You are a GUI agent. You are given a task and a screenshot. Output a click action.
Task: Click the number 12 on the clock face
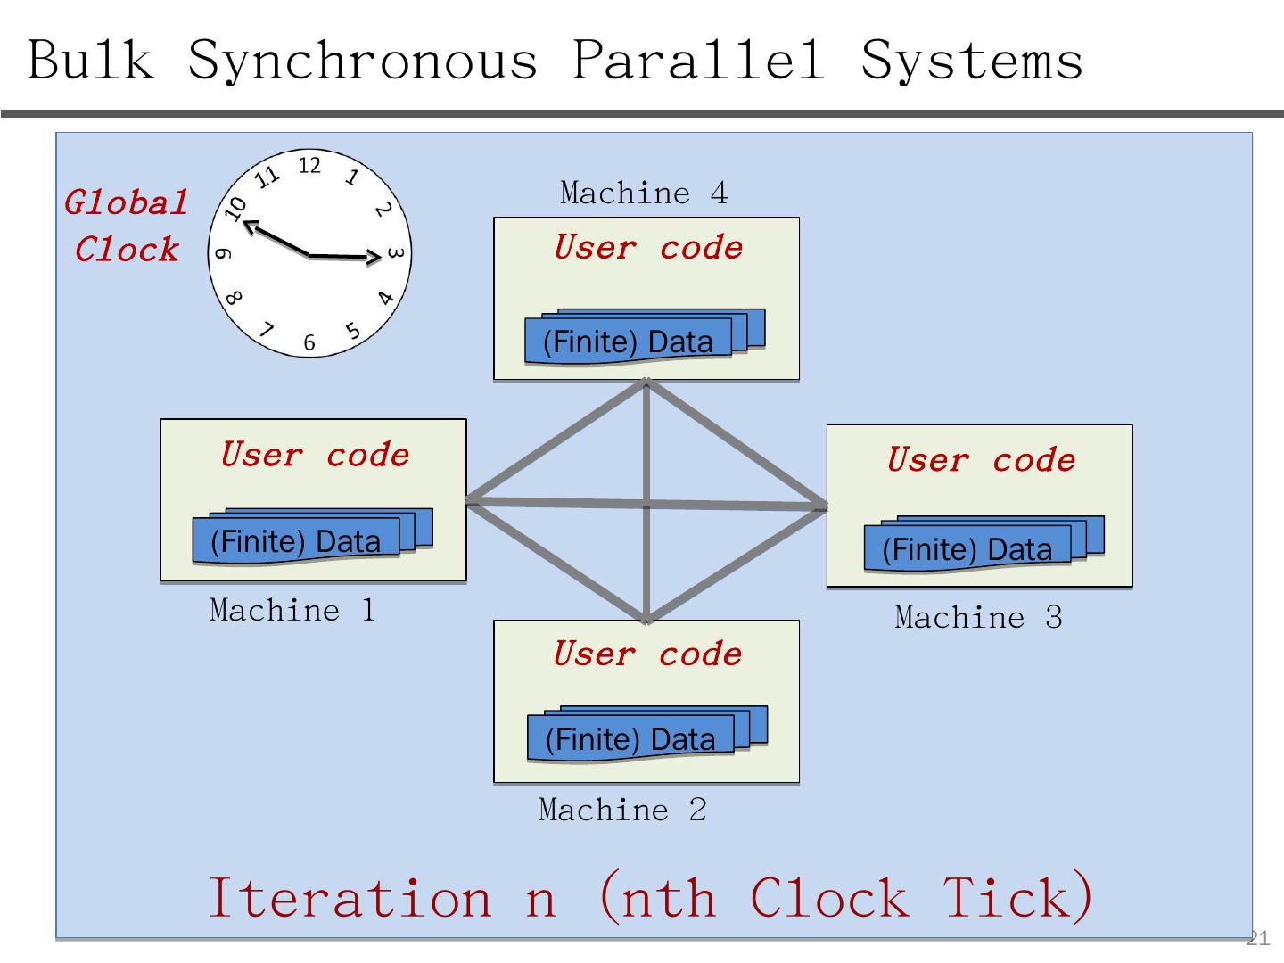tap(309, 166)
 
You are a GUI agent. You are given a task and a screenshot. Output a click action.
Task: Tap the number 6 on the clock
tap(309, 342)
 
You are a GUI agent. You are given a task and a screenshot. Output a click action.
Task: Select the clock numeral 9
tap(224, 254)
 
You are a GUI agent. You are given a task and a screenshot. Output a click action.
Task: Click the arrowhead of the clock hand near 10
tap(250, 225)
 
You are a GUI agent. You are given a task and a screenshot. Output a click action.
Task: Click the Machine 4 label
tap(644, 193)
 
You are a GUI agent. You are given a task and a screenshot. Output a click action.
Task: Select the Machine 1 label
tap(292, 611)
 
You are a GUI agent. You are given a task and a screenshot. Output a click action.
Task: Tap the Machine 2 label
tap(622, 811)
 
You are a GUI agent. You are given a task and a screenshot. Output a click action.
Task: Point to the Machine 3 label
tap(978, 618)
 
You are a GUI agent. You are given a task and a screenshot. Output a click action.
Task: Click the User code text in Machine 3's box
tap(981, 461)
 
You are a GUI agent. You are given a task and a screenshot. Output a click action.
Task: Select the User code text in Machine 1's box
tap(315, 456)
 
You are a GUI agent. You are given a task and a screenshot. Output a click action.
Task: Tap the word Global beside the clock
tap(126, 203)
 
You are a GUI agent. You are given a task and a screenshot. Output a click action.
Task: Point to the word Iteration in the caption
tap(350, 897)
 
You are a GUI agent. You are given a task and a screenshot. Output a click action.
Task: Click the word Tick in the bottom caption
tap(1017, 897)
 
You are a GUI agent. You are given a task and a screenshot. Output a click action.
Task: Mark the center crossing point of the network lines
tap(646, 506)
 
